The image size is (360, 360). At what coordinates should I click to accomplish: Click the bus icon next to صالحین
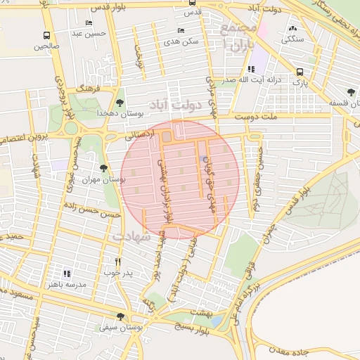47,36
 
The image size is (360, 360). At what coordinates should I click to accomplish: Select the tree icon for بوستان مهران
104,169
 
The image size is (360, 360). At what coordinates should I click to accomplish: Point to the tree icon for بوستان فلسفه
350,92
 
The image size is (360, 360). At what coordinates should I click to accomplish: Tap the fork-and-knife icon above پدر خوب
117,262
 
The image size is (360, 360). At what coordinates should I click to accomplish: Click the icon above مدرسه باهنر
67,274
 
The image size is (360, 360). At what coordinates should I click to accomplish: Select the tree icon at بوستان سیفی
120,317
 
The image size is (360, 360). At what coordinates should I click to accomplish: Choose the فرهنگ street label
91,89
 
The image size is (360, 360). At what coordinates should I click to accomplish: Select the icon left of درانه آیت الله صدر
250,69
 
